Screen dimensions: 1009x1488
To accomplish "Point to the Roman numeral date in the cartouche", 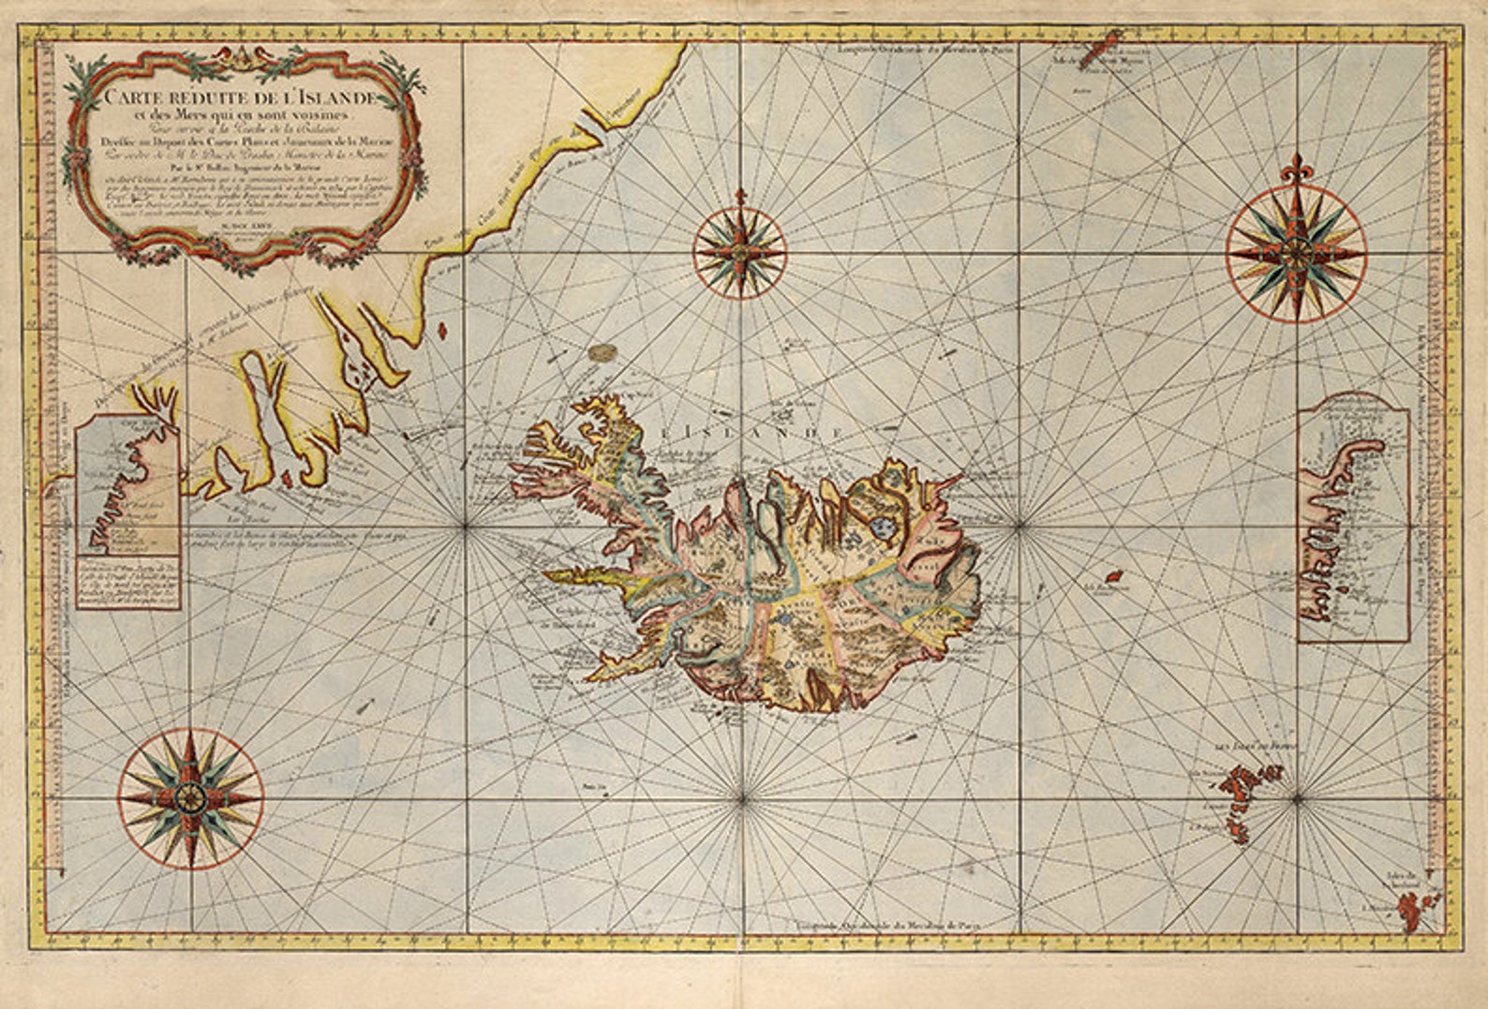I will pos(234,223).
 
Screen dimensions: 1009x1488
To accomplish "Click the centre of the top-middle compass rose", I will pos(740,251).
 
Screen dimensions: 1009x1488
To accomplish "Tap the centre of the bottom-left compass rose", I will pos(191,798).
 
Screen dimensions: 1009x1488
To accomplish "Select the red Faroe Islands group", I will pos(1242,782).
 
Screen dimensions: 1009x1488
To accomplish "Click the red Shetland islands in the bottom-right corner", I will pos(1407,905).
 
